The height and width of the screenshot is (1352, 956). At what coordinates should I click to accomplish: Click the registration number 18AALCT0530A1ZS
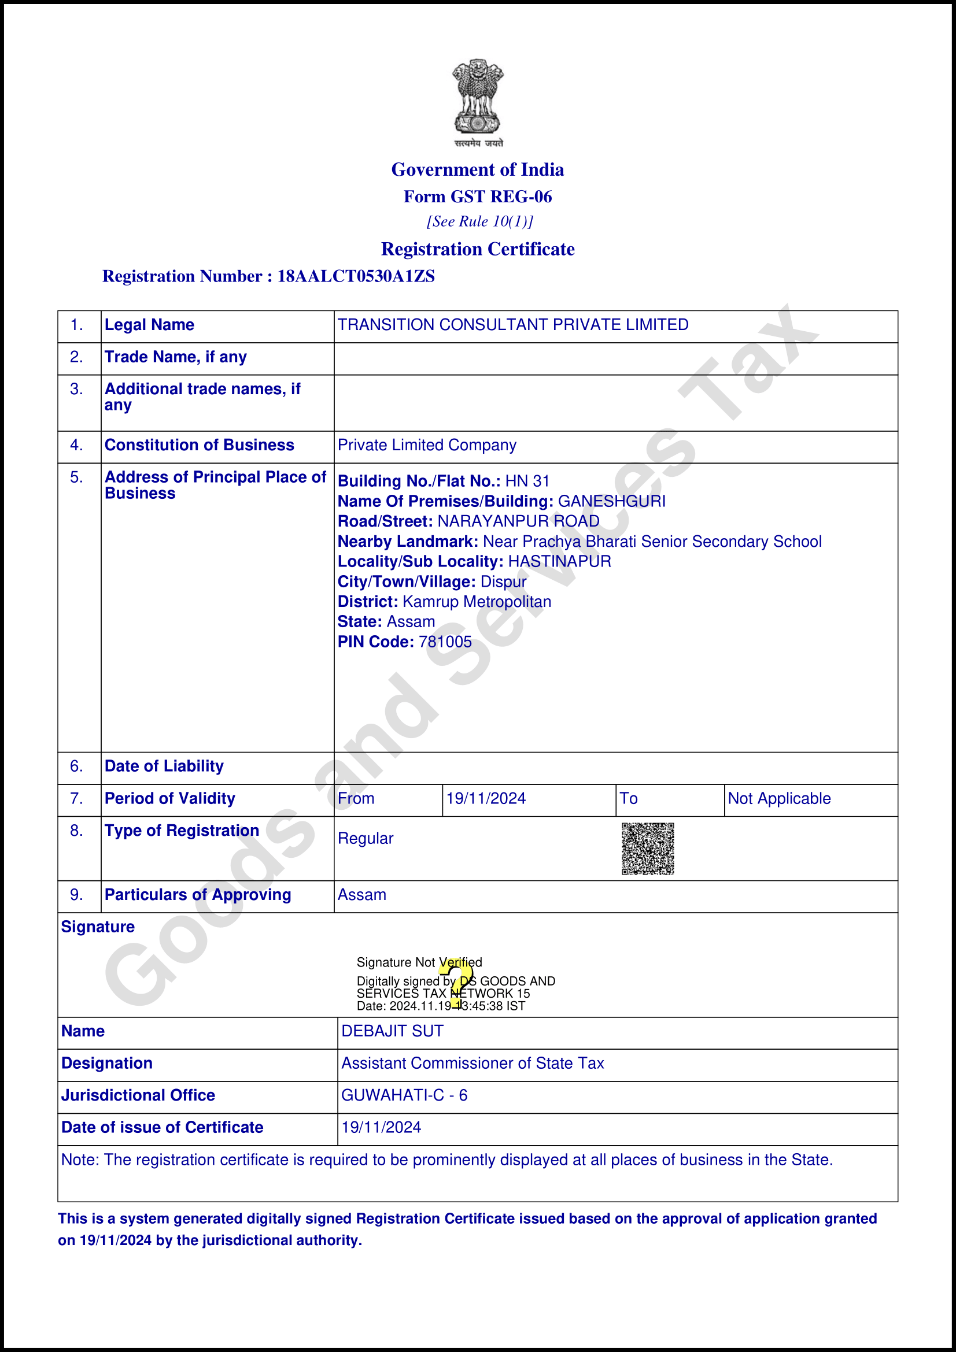[356, 276]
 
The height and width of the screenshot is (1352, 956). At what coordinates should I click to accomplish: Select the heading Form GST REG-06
[478, 197]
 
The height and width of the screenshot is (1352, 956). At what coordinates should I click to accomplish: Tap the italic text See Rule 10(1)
[479, 221]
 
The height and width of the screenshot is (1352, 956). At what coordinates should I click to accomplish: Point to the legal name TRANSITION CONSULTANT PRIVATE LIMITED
[512, 325]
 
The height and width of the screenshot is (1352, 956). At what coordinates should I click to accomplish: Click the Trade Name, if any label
[176, 357]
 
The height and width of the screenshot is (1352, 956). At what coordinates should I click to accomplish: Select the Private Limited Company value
[426, 445]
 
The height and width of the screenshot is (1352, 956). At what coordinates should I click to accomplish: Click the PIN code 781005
[445, 642]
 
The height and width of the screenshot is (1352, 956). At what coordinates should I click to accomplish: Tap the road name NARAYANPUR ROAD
[518, 521]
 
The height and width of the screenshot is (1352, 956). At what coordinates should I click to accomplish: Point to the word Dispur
[503, 582]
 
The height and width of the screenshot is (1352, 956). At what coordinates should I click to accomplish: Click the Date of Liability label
[164, 766]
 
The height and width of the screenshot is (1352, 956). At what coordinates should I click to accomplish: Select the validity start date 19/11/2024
[485, 798]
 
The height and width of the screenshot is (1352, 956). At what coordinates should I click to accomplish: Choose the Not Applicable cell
[778, 798]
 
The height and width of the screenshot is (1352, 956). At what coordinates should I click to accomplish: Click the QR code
[647, 849]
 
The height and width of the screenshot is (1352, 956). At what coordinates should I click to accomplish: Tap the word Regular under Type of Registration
[365, 839]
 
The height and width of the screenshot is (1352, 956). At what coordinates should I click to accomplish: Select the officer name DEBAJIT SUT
[392, 1031]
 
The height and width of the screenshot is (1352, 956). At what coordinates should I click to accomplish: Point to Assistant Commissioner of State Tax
[473, 1063]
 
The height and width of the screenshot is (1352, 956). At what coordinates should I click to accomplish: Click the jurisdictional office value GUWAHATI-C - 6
[404, 1095]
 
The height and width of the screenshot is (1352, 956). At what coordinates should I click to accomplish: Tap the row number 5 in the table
[76, 477]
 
